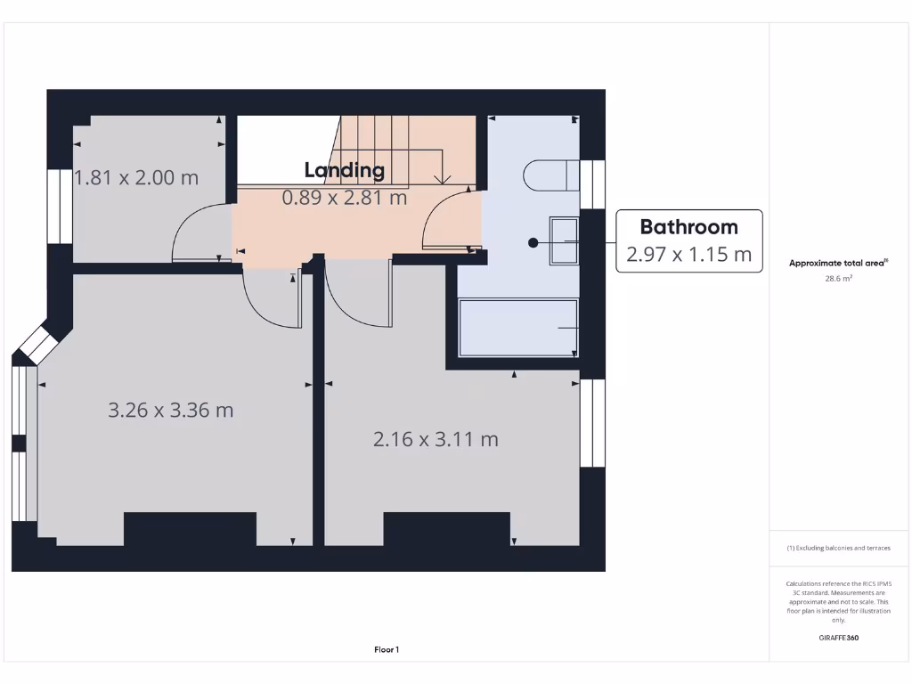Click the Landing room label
pyautogui.click(x=345, y=170)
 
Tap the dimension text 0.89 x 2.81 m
pyautogui.click(x=345, y=198)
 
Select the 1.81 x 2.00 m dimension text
pyautogui.click(x=136, y=177)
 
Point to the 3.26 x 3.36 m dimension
pyautogui.click(x=171, y=411)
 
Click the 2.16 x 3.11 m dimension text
pyautogui.click(x=436, y=439)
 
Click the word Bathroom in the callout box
pyautogui.click(x=688, y=226)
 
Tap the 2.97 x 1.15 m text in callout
pyautogui.click(x=688, y=255)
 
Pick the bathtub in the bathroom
pyautogui.click(x=518, y=328)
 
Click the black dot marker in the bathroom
pyautogui.click(x=533, y=242)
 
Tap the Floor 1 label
pyautogui.click(x=387, y=650)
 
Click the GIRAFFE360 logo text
pyautogui.click(x=838, y=638)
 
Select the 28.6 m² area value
pyautogui.click(x=838, y=279)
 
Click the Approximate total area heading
pyautogui.click(x=837, y=263)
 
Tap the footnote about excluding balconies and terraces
pyautogui.click(x=838, y=548)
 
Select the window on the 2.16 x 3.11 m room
pyautogui.click(x=592, y=423)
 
